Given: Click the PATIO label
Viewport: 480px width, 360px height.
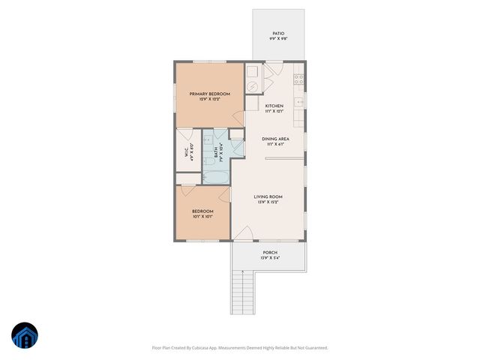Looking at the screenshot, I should (277, 34).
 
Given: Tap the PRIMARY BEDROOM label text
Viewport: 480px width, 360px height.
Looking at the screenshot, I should (209, 93).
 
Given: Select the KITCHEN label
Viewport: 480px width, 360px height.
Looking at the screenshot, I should (274, 106).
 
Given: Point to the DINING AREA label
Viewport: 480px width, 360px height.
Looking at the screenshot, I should (275, 139).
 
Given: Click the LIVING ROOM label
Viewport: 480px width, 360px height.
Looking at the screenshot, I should (268, 196).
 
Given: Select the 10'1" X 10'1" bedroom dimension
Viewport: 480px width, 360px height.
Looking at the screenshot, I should (202, 217).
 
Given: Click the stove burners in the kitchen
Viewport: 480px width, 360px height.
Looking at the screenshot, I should (298, 78).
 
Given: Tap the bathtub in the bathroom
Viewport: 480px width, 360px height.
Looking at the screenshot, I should (217, 177).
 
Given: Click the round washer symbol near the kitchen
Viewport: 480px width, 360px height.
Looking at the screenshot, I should (253, 84).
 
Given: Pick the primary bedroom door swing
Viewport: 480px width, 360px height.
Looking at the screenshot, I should (238, 118).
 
